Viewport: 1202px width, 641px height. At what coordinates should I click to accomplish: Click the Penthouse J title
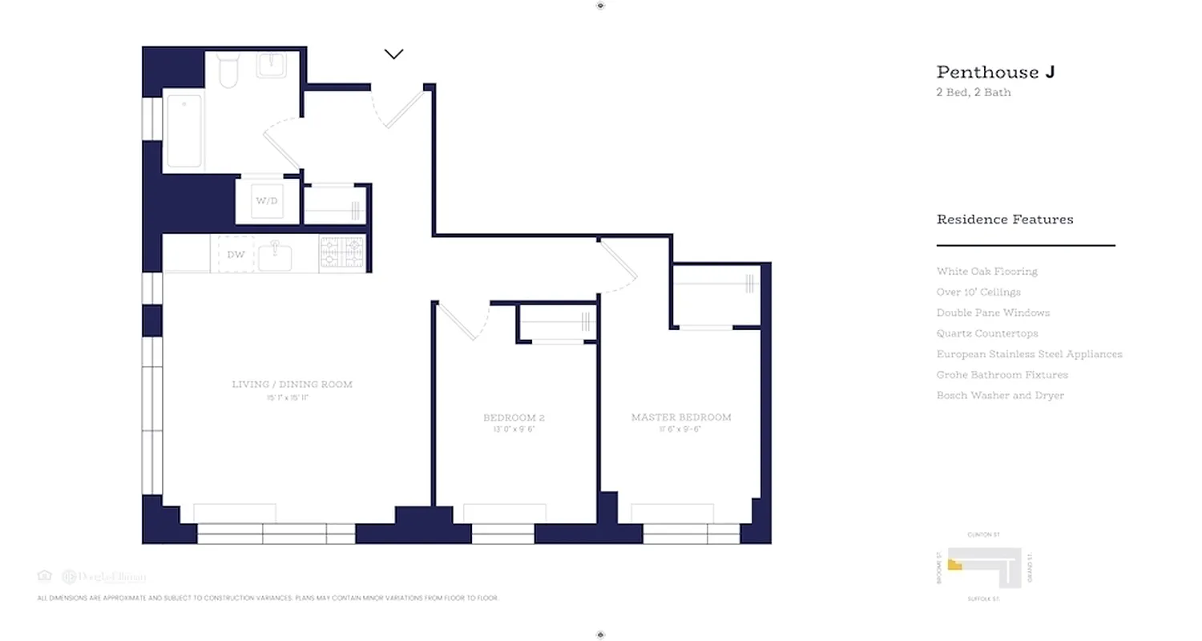click(x=995, y=72)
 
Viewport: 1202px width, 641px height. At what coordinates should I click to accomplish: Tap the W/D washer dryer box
click(x=267, y=200)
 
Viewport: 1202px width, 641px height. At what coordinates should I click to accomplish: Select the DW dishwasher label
click(x=236, y=255)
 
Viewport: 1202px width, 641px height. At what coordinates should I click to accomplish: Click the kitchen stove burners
click(x=342, y=251)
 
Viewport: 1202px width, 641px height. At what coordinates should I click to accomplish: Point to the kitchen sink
click(x=275, y=255)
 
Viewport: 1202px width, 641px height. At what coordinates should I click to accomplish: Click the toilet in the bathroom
click(x=229, y=71)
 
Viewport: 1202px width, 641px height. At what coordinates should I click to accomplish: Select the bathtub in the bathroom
click(x=184, y=131)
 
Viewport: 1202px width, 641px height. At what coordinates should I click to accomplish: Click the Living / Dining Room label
click(x=292, y=385)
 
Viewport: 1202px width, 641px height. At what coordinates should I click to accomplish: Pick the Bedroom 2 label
click(x=514, y=418)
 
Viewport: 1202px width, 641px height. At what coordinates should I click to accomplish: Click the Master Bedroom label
click(x=681, y=417)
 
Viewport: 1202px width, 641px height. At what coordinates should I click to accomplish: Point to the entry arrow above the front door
click(x=393, y=54)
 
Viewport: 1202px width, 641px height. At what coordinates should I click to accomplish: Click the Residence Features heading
click(x=1005, y=220)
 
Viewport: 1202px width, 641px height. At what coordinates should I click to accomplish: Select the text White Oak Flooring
click(x=986, y=272)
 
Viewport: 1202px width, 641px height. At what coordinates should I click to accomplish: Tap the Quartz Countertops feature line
click(x=986, y=333)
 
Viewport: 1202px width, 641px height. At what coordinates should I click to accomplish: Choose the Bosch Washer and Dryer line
click(x=1000, y=396)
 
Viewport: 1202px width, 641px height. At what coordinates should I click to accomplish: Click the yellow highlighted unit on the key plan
click(x=954, y=565)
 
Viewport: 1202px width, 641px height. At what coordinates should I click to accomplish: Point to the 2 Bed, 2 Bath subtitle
click(x=974, y=92)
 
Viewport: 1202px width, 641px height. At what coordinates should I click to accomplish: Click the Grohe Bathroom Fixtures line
click(x=1002, y=375)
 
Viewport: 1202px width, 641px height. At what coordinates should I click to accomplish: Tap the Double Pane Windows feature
click(x=993, y=312)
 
